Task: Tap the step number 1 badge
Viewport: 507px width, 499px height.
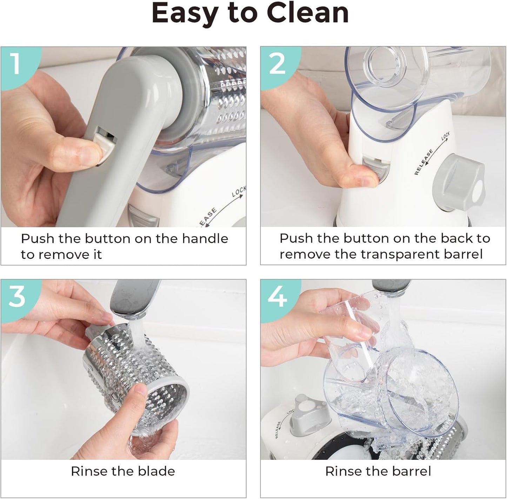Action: point(16,63)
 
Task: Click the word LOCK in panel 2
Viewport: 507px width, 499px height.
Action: point(446,136)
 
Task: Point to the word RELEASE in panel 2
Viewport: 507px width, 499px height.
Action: point(423,162)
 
